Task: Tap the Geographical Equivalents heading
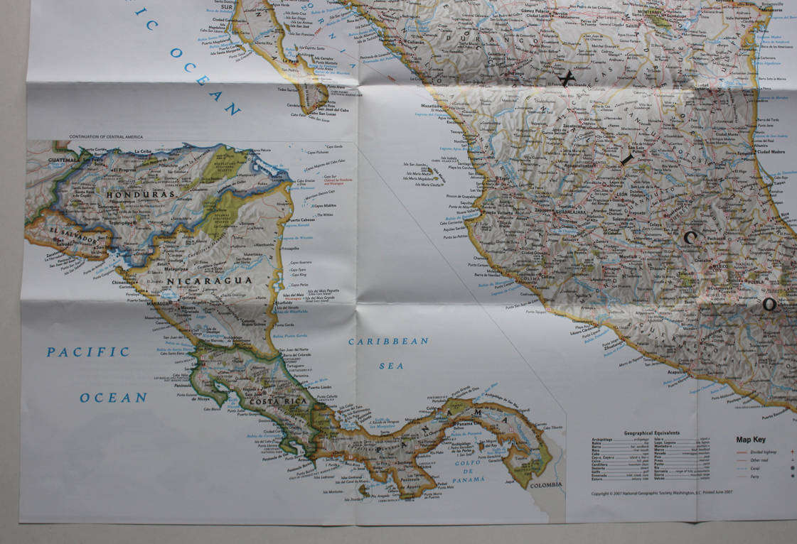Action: click(x=651, y=433)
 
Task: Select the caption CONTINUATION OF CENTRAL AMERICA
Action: click(x=106, y=136)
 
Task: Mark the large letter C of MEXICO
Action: click(x=690, y=238)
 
